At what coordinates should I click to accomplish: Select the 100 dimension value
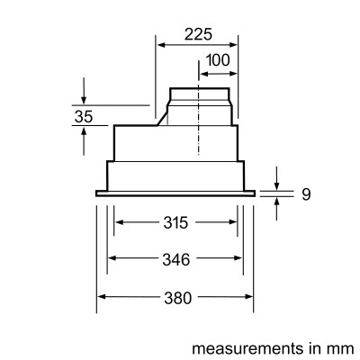tap(219, 60)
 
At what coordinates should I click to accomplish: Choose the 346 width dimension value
tap(176, 260)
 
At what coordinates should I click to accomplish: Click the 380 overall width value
tap(176, 298)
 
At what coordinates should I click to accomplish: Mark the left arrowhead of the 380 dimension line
tap(101, 298)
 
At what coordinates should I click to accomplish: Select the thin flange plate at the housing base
tap(176, 192)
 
